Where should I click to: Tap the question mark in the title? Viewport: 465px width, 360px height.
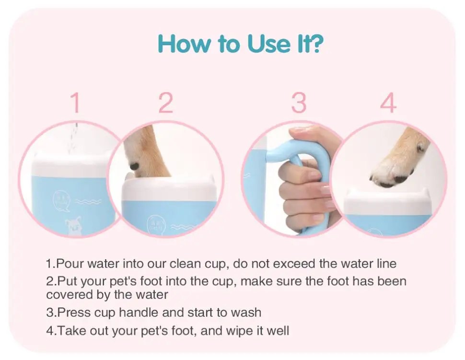tap(315, 43)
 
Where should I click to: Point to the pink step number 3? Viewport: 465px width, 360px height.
tap(299, 103)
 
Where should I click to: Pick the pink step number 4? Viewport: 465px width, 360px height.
tap(388, 103)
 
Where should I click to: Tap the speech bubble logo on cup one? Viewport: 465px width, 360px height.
tap(61, 200)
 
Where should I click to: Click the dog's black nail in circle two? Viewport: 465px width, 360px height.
tap(134, 166)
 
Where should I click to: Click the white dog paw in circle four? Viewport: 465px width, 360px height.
tap(397, 166)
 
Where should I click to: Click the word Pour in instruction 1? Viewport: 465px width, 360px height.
tap(70, 263)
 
